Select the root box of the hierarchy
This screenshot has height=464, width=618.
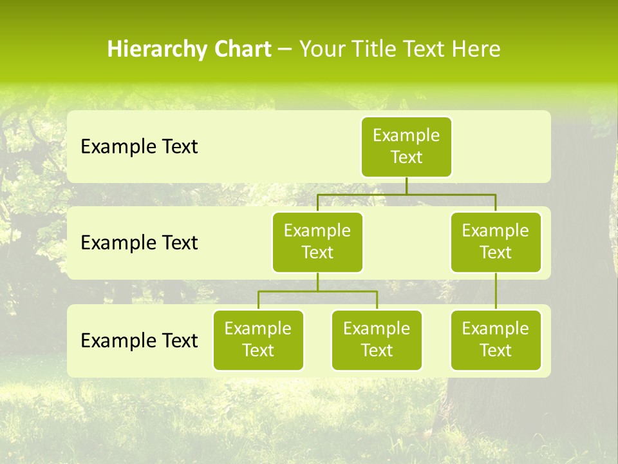point(406,146)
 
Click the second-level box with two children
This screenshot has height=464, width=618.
point(317,242)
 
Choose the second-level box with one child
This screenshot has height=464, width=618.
point(496,242)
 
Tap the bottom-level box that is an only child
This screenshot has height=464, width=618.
point(496,340)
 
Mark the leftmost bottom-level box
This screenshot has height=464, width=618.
point(258,340)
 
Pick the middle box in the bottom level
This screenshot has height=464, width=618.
point(377,340)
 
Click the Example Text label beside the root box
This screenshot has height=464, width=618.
point(139,147)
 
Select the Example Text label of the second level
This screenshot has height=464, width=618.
point(139,243)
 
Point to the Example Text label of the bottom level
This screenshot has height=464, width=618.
point(139,341)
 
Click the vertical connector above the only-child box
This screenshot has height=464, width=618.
point(496,291)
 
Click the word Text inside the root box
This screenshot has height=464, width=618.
point(406,157)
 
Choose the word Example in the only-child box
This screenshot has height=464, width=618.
point(496,329)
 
